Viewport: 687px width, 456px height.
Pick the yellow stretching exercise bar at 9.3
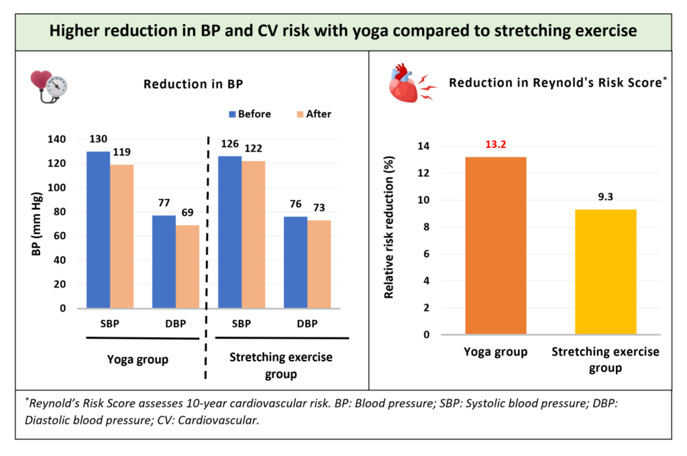pos(606,272)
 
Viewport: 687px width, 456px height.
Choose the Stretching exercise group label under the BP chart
pos(280,365)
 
